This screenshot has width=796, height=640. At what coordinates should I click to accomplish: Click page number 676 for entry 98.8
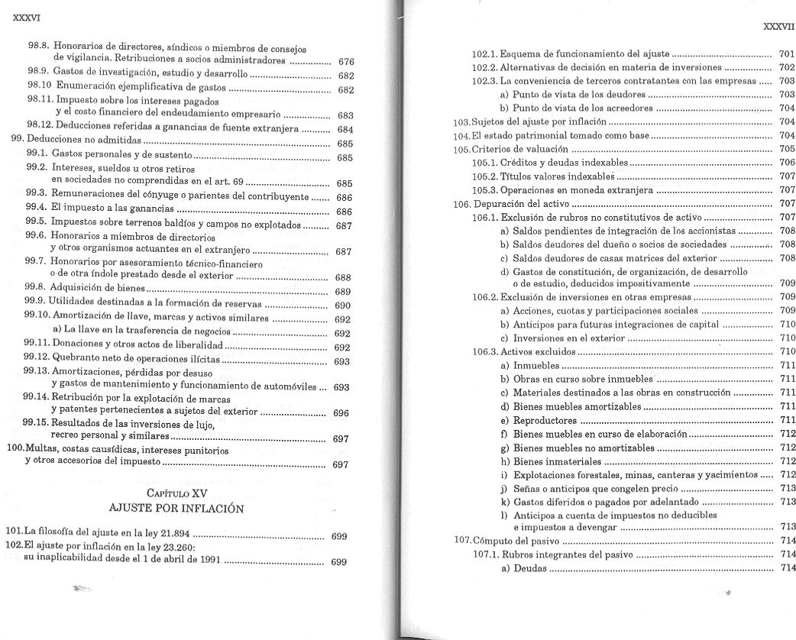point(345,61)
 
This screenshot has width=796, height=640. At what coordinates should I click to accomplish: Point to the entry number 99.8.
point(36,290)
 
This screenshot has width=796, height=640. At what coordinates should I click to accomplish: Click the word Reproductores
point(545,421)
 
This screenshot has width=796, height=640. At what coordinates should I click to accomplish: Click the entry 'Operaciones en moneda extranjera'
point(577,190)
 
